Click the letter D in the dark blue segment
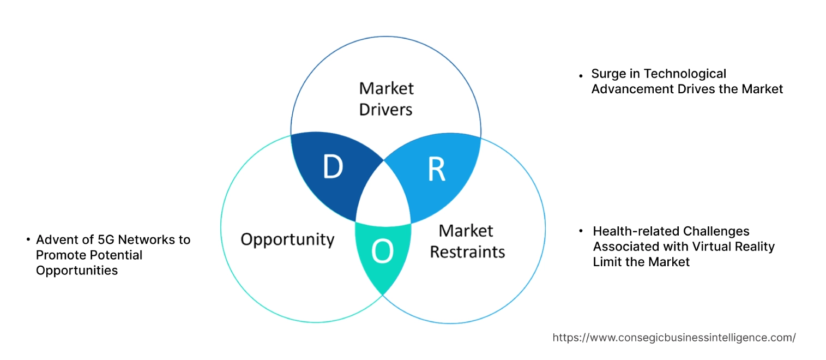[x=333, y=167]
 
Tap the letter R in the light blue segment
[x=436, y=169]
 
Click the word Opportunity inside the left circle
[x=287, y=239]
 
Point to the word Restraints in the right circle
[x=467, y=252]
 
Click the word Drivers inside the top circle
[x=386, y=109]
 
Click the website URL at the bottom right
[x=674, y=338]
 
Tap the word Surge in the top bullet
[x=608, y=74]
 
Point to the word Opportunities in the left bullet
[x=77, y=270]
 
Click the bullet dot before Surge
[x=581, y=75]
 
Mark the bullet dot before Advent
[x=28, y=240]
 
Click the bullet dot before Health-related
[x=582, y=232]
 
